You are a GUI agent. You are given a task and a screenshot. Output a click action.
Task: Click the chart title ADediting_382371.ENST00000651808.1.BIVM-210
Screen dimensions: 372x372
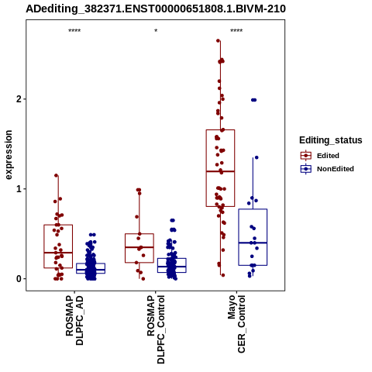pos(156,9)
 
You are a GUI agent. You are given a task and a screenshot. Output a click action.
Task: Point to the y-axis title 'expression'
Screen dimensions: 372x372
pos(9,155)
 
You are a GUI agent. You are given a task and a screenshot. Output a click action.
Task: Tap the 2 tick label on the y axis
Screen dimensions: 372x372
pos(19,99)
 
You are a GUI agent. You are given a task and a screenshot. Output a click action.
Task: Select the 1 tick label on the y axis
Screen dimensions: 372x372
pos(19,189)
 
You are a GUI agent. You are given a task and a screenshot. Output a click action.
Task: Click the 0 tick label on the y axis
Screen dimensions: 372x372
pos(19,279)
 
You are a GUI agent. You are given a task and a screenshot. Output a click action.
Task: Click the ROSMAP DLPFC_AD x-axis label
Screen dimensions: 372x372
pos(74,320)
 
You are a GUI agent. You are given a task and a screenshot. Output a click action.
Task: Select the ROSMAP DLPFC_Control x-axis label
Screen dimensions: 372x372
pos(156,329)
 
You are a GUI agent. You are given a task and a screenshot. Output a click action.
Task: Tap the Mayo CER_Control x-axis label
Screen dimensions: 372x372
pos(236,324)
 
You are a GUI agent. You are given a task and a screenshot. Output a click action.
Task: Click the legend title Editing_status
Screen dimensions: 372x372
pos(331,140)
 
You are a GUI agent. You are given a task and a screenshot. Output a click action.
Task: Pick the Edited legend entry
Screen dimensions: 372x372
pos(328,156)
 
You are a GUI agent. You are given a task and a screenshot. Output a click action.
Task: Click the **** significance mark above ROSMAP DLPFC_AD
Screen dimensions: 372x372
pos(74,31)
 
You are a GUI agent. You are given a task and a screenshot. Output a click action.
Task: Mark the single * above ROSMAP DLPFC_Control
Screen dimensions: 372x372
pos(156,30)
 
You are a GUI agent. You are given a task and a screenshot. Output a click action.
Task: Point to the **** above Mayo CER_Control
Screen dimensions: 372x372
pos(236,31)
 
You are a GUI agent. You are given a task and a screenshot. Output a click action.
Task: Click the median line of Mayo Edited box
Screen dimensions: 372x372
pos(220,171)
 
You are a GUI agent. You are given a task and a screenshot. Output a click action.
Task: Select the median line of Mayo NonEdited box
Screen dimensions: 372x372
pos(253,243)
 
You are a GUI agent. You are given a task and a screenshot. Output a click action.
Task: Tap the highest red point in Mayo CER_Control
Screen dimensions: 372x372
pos(218,40)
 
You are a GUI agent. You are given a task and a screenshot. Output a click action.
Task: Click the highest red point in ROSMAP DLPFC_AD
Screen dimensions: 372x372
pos(56,175)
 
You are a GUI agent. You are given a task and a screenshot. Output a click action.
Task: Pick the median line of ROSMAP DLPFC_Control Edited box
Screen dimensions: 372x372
pos(139,247)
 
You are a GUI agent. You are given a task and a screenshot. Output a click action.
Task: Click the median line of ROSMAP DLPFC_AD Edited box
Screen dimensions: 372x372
pos(58,253)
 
